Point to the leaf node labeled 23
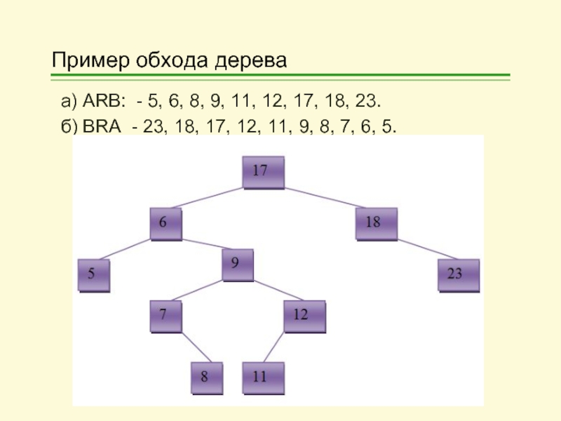tap(459, 275)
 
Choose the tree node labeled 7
tap(165, 317)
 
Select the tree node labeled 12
tap(304, 317)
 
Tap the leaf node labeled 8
tap(208, 377)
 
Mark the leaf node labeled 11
tap(264, 377)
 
